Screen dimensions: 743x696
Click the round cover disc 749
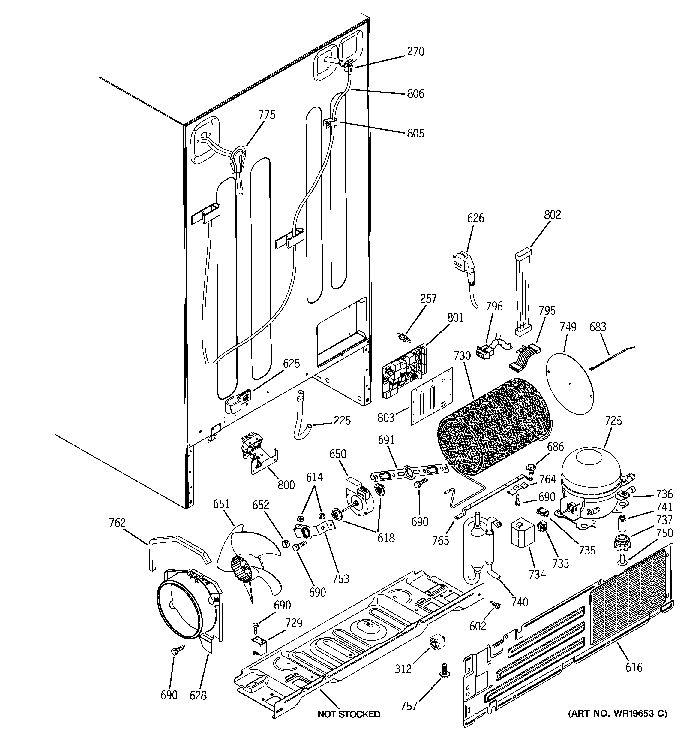point(569,381)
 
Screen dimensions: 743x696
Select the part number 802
point(552,215)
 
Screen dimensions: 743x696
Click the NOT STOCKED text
point(349,714)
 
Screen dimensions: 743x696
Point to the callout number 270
point(415,52)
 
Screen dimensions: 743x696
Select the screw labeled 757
point(443,669)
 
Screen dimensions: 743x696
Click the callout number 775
point(267,115)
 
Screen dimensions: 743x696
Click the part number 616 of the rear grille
point(634,667)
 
